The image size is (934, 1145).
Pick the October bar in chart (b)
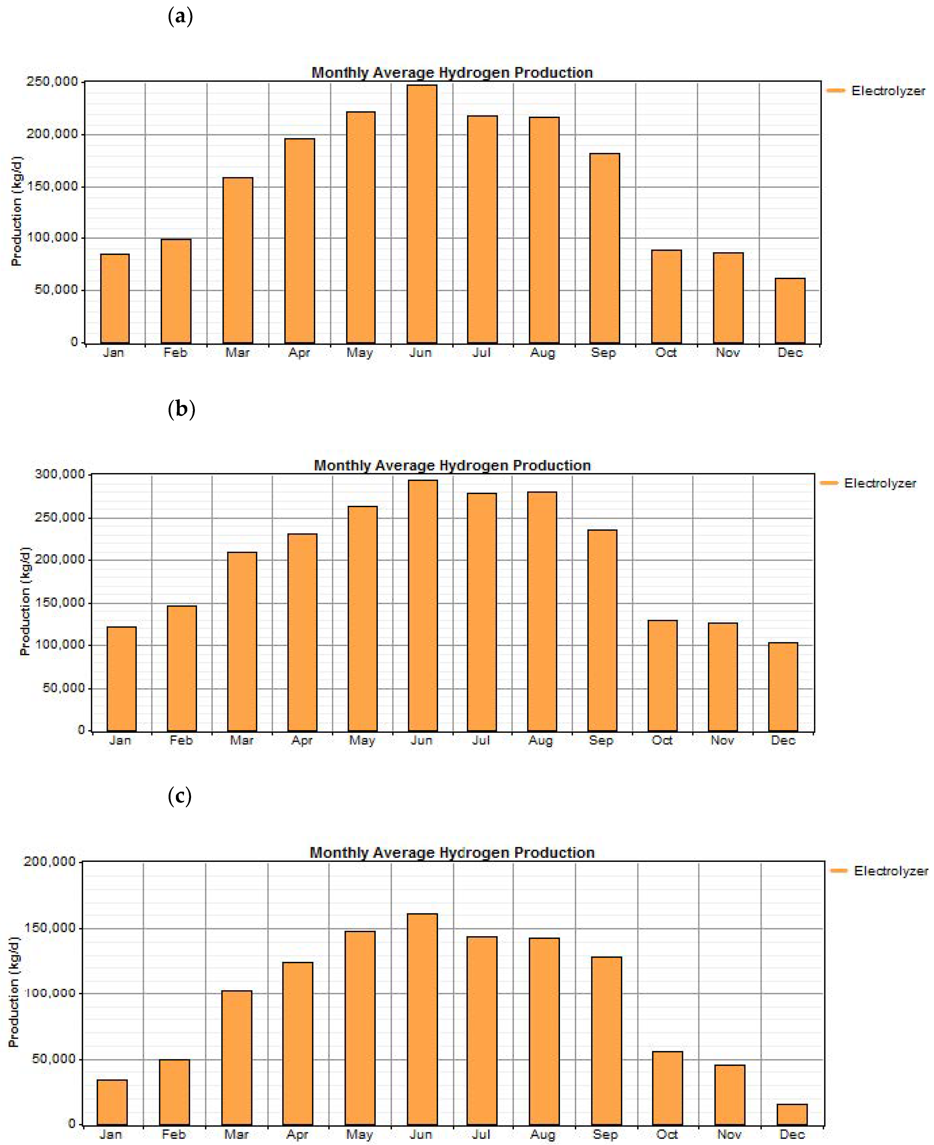[662, 676]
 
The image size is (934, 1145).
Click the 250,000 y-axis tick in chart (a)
[52, 82]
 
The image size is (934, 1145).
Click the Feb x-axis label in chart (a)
[175, 353]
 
